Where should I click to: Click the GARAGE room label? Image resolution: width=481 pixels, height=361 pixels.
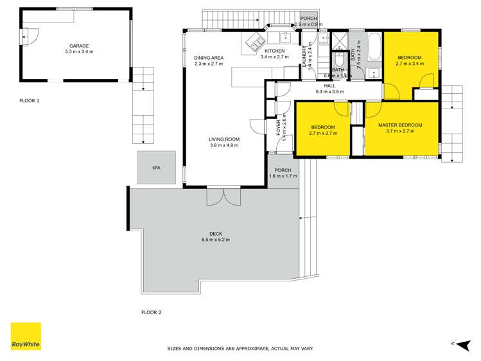click(79, 46)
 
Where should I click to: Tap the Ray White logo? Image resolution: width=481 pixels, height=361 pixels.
click(26, 337)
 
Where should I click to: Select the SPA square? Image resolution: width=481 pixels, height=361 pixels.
click(156, 168)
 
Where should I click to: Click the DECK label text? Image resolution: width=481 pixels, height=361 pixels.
click(215, 234)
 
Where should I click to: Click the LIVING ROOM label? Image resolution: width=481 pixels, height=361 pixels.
click(223, 139)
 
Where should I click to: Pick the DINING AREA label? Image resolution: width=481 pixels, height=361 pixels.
click(208, 58)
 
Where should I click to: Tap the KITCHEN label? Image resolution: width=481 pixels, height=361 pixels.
click(272, 51)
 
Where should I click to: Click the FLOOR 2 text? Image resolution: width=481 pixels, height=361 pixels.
click(152, 313)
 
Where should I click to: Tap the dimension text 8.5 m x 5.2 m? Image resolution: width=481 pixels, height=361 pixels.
click(215, 240)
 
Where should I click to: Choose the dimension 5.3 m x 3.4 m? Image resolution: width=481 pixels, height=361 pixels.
click(79, 51)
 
